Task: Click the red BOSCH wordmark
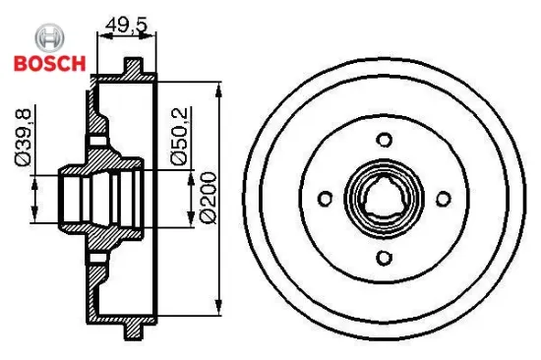50,63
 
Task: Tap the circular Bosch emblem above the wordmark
50,38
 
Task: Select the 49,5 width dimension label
127,25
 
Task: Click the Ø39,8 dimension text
24,138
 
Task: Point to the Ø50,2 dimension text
179,137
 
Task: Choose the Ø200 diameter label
209,198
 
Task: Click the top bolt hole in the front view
384,140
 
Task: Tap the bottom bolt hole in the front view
384,258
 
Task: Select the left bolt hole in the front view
325,199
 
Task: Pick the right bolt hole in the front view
444,199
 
